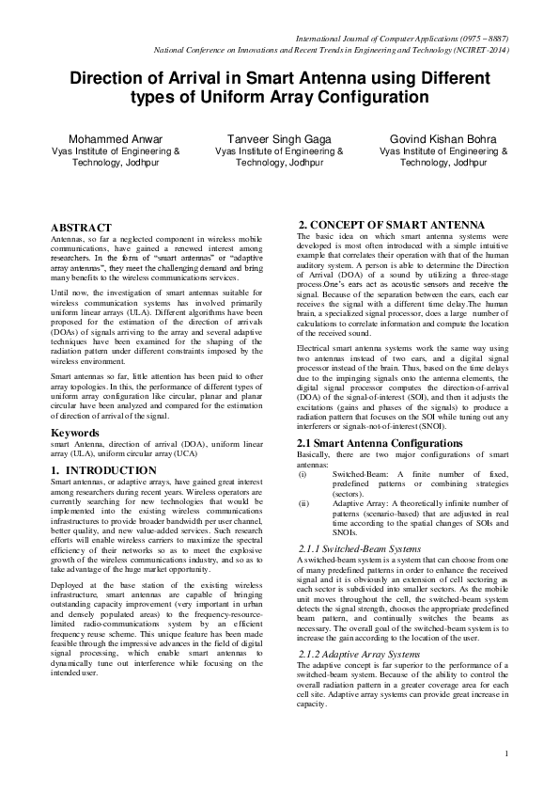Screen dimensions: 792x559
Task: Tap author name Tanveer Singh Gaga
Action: pyautogui.click(x=279, y=138)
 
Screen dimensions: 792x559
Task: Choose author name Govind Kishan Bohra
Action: pyautogui.click(x=443, y=138)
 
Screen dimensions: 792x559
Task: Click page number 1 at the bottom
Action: pyautogui.click(x=505, y=753)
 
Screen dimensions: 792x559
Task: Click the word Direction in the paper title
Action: pyautogui.click(x=114, y=78)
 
